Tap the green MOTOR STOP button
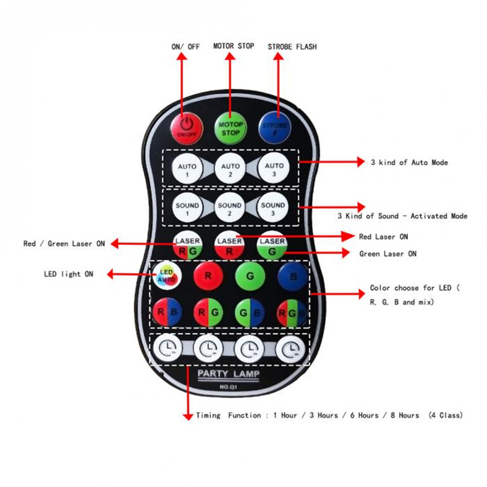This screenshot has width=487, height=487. tap(231, 127)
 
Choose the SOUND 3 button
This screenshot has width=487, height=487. tap(273, 209)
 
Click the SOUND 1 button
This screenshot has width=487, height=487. tap(187, 209)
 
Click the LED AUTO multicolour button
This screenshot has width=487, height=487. tap(166, 277)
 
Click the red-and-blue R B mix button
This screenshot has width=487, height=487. tap(166, 313)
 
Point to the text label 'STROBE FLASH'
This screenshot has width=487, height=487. tap(292, 46)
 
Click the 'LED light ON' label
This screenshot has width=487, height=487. tap(68, 275)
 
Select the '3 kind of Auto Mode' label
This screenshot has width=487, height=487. tap(409, 163)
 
